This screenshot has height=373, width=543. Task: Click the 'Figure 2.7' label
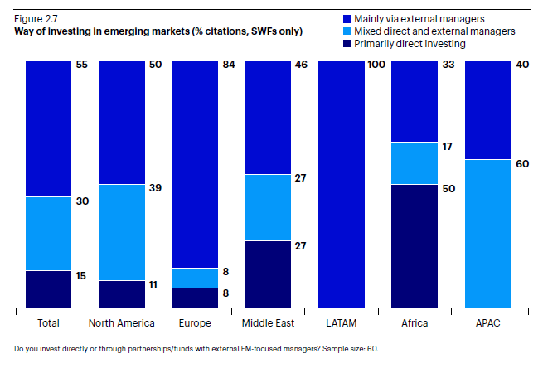[x=35, y=17]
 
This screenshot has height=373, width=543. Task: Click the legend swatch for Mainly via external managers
[x=346, y=17]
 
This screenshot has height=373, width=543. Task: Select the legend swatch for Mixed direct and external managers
[x=346, y=30]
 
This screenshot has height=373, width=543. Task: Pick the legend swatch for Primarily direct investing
[x=346, y=43]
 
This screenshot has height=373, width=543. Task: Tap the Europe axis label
[x=194, y=323]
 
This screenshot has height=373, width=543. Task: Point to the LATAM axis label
[x=341, y=323]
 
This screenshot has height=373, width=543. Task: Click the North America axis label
[x=121, y=323]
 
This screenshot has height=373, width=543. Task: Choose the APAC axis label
[x=487, y=323]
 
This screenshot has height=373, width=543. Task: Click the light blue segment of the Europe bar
[x=194, y=278]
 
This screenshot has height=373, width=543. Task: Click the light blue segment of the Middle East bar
[x=267, y=207]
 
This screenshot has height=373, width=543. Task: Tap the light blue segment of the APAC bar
[x=487, y=234]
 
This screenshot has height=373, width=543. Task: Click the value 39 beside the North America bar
[x=155, y=189]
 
